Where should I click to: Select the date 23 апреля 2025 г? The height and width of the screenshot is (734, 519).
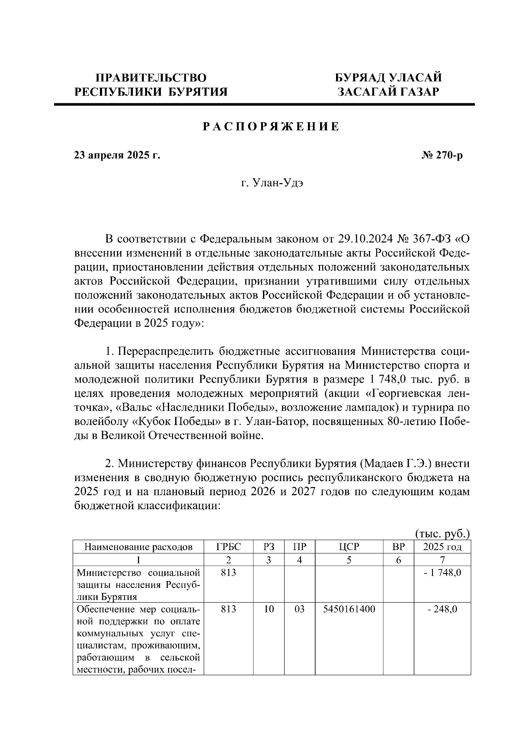point(117,155)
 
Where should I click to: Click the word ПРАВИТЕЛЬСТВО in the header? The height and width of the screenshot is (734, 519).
point(151,78)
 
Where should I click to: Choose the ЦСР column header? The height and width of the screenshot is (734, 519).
point(349,547)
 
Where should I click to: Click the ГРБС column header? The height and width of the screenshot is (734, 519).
point(228,547)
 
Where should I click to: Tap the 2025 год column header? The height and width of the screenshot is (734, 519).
point(442,547)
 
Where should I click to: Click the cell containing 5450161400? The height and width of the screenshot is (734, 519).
point(349,610)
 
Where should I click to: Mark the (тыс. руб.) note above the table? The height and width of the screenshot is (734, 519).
point(442,534)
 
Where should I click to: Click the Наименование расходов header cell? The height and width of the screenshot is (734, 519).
point(138,547)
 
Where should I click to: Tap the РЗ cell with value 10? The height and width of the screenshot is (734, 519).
point(269,610)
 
